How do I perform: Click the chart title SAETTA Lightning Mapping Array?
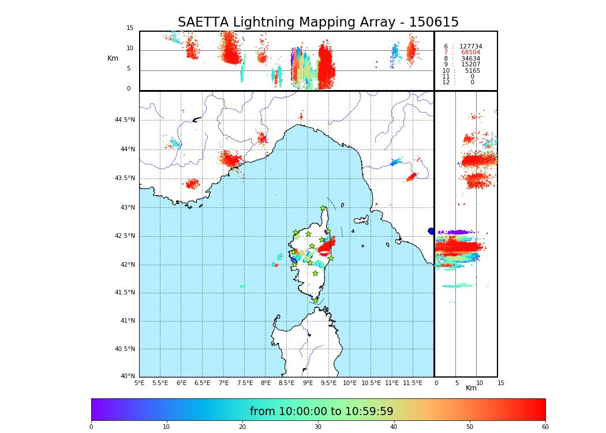318,23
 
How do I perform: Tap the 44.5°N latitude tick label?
125,120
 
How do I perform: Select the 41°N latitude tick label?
127,321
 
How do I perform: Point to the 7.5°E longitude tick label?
245,383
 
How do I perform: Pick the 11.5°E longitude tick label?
413,383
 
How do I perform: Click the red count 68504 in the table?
470,53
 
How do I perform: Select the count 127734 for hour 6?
470,47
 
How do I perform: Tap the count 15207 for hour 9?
470,65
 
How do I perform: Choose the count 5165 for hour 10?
472,71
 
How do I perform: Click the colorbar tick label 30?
318,427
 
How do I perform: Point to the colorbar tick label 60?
545,427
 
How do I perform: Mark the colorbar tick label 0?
91,427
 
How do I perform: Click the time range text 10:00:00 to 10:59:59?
321,412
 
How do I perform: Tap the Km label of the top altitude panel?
113,58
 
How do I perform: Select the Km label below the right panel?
471,388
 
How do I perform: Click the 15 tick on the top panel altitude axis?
130,28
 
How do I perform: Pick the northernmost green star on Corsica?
323,208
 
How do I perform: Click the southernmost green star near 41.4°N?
315,300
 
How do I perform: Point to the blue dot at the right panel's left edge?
431,231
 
